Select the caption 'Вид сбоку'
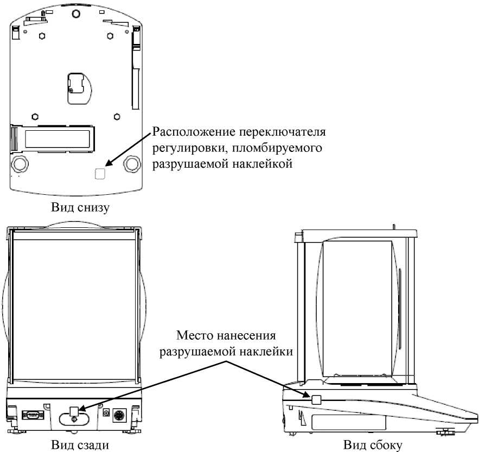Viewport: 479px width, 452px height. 374,445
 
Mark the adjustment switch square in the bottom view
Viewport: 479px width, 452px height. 100,173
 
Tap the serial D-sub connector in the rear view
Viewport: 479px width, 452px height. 32,415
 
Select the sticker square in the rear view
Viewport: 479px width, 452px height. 75,411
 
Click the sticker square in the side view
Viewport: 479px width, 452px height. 317,400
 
